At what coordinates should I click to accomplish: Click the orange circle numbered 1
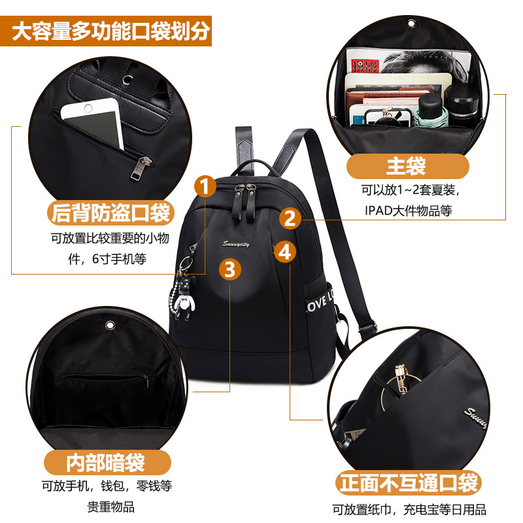click(x=206, y=186)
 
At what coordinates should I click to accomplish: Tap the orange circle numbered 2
click(x=291, y=218)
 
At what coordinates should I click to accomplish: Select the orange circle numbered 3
click(x=229, y=269)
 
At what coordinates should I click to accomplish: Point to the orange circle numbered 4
click(x=284, y=251)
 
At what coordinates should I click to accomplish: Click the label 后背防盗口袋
click(x=110, y=213)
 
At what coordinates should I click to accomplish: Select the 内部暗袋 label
click(x=105, y=463)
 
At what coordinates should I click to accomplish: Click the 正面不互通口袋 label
click(x=409, y=484)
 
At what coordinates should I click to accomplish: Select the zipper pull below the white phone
click(x=139, y=168)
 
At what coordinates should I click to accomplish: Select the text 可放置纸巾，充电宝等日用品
click(x=409, y=509)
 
